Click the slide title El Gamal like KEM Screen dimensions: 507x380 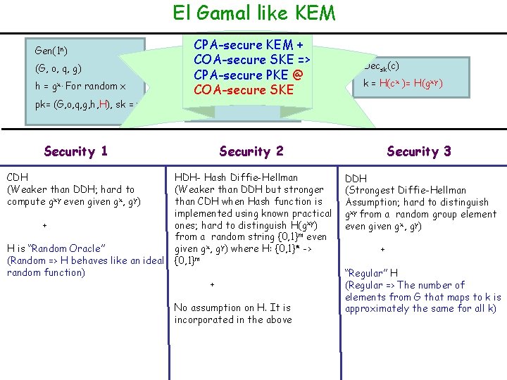click(x=254, y=13)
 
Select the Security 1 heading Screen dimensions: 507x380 click(x=75, y=151)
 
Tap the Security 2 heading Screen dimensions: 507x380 click(x=251, y=151)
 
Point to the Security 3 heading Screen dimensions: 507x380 click(x=419, y=151)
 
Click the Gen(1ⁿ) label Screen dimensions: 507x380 click(x=51, y=51)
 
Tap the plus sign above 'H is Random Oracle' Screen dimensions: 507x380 click(x=44, y=225)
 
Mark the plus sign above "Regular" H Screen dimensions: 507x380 click(x=382, y=249)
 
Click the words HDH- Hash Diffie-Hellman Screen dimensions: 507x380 click(x=236, y=177)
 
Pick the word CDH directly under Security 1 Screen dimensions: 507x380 click(x=18, y=177)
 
